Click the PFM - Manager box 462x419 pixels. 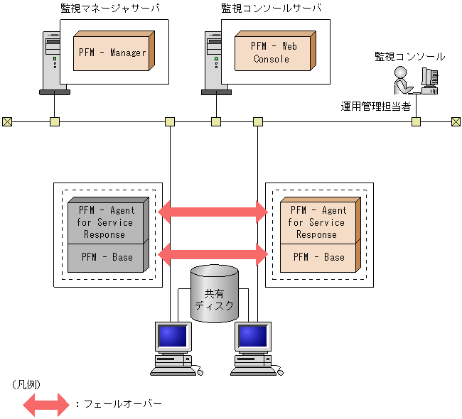tap(112, 52)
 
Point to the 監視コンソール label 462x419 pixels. tap(409, 56)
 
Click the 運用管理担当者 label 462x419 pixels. tap(375, 107)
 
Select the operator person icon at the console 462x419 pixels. tap(402, 80)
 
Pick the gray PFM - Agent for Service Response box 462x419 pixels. tap(107, 222)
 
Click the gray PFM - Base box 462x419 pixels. tap(107, 257)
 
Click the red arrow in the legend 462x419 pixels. tap(44, 404)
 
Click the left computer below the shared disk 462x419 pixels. tap(173, 348)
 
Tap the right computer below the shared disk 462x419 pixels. tap(254, 348)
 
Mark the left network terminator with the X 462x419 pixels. tap(7, 121)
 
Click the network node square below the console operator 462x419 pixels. tap(416, 121)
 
